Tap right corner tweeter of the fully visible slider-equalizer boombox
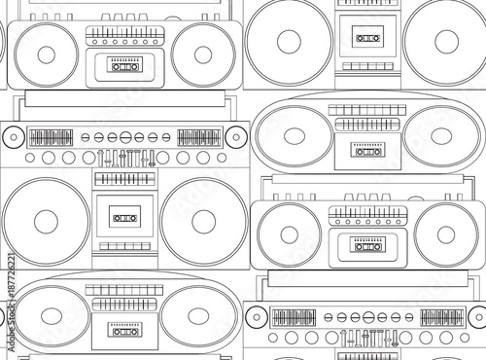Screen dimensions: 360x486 [x=236, y=137]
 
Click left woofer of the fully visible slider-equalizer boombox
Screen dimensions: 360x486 [x=46, y=221]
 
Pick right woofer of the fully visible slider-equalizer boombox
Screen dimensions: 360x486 [x=203, y=221]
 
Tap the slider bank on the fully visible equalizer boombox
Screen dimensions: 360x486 [x=123, y=158]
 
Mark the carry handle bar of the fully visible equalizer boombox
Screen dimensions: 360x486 [x=123, y=99]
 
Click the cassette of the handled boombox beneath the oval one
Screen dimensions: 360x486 [x=366, y=244]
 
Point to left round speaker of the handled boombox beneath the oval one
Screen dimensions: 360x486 [x=289, y=234]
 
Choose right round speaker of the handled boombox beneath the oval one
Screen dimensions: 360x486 [x=446, y=234]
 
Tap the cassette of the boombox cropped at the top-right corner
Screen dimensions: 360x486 [x=366, y=38]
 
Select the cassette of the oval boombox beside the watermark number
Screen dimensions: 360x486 [x=123, y=332]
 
